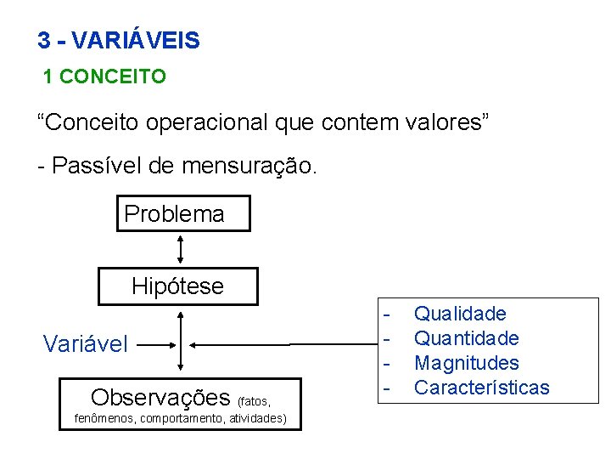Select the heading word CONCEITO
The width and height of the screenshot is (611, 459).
(113, 77)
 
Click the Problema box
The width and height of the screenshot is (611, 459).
(183, 213)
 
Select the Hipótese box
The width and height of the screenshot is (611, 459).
(178, 286)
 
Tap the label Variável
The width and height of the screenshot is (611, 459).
(86, 344)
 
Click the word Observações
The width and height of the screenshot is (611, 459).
(160, 398)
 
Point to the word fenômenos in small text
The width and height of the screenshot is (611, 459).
(105, 418)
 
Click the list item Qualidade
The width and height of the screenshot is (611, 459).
(460, 314)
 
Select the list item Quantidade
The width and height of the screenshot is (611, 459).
(467, 339)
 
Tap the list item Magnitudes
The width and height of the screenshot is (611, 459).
(467, 363)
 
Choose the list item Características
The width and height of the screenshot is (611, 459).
(482, 388)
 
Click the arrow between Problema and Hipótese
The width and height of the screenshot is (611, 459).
(181, 250)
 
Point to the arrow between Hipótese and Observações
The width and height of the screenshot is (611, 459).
(181, 340)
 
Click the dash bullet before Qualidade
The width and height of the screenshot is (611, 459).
(387, 314)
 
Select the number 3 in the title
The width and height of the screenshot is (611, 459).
(43, 40)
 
